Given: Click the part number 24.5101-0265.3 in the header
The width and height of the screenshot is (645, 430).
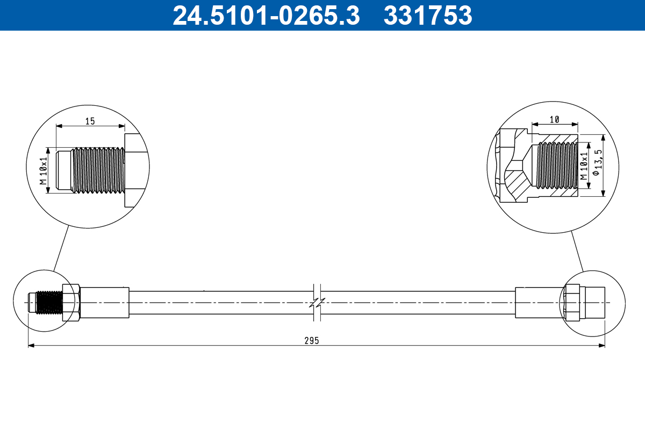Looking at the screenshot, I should coord(266,16).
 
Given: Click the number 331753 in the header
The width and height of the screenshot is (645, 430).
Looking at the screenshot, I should coord(428,16).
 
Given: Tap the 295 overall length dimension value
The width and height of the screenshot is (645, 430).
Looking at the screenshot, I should coord(311,340).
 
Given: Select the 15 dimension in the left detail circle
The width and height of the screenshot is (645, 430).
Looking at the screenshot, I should coord(90,121).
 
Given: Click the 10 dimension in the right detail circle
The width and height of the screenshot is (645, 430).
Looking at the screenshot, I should coord(555,119).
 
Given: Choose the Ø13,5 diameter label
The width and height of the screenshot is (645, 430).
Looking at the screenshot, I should coord(596,166).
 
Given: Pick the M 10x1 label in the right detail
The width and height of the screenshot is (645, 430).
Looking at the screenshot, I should coord(584,166).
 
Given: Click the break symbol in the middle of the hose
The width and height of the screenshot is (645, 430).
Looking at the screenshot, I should coord(317,303).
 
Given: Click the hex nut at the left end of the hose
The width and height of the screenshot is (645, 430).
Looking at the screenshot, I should coord(71,303).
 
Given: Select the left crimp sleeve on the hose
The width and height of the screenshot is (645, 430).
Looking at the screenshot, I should coord(105,303).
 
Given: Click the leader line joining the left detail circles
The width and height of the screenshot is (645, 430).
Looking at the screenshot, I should coord(61,247).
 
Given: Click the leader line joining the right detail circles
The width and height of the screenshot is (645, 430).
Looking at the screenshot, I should coord(577,251).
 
